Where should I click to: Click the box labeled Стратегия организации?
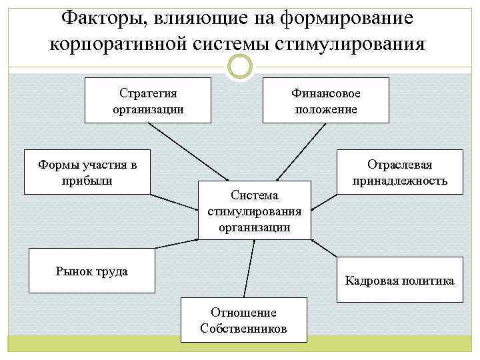pyautogui.click(x=148, y=100)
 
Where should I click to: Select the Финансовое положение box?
pyautogui.click(x=325, y=100)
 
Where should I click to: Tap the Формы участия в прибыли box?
pyautogui.click(x=85, y=172)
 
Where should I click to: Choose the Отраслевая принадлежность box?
pyautogui.click(x=400, y=172)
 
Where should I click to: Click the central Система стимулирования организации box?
pyautogui.click(x=255, y=209)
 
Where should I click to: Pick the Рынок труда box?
pyautogui.click(x=91, y=271)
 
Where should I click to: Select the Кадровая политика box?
pyautogui.click(x=399, y=280)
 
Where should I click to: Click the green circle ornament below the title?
pyautogui.click(x=240, y=67)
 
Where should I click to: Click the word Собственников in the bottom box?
pyautogui.click(x=243, y=329)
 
